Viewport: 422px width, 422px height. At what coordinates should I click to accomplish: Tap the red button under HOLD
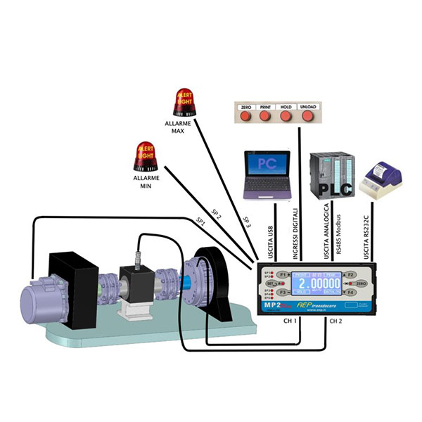pos(286,117)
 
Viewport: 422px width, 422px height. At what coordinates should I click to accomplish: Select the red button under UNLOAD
pos(307,117)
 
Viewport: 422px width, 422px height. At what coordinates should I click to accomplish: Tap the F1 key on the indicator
pos(282,273)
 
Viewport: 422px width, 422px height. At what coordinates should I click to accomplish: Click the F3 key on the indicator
pos(282,291)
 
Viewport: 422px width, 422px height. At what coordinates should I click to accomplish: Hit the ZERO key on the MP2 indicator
pos(358,282)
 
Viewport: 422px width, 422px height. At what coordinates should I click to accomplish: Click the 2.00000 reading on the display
pos(316,282)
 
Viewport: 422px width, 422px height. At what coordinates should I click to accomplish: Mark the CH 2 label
pos(335,321)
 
